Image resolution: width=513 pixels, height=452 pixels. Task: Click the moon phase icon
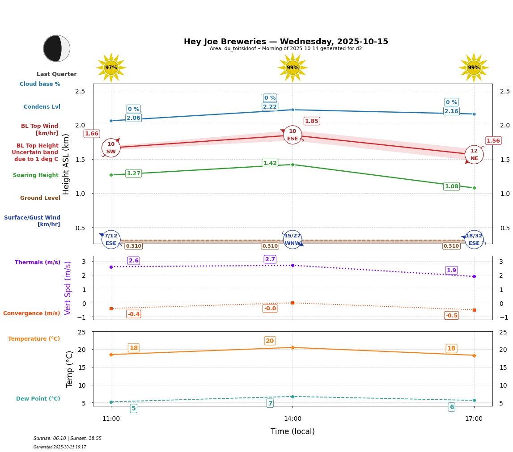point(56,48)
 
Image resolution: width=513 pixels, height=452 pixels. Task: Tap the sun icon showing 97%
point(111,68)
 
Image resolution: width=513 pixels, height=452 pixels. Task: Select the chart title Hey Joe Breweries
point(286,42)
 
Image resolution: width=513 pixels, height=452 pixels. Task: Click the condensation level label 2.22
point(270,107)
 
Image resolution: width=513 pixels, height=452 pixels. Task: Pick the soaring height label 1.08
point(451,186)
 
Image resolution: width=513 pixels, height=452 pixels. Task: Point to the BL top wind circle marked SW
point(111,148)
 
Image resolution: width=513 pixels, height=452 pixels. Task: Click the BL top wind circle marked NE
point(474,155)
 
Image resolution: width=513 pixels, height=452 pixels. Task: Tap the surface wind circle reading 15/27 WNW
point(293,240)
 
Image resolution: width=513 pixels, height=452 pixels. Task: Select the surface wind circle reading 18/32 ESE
point(474,240)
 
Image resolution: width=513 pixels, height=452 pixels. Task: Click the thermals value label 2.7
point(270,259)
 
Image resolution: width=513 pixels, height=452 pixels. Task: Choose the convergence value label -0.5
point(451,316)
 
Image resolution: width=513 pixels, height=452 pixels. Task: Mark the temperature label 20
point(270,341)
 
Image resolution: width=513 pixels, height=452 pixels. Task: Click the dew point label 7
point(270,403)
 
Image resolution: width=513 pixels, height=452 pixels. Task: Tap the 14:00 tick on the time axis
point(293,419)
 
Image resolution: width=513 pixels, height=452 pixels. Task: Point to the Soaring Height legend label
point(36,175)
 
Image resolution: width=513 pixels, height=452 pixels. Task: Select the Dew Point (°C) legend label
point(38,399)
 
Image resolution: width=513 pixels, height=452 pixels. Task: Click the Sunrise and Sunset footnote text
point(68,439)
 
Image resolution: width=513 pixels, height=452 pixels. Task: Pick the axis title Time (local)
point(293,431)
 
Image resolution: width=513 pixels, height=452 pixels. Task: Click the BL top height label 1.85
point(312,121)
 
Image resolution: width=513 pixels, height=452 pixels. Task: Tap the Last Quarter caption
point(56,74)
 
